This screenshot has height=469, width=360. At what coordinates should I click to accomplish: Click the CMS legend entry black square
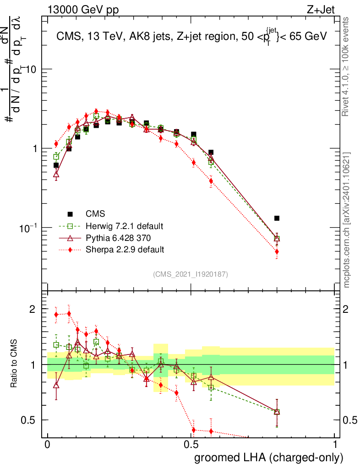(x=71, y=214)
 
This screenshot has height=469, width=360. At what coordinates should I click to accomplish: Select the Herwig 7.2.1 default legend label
(x=124, y=226)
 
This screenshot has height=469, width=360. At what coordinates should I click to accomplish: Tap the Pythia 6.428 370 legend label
(x=119, y=238)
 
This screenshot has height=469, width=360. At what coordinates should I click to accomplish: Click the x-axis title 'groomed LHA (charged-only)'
(x=269, y=458)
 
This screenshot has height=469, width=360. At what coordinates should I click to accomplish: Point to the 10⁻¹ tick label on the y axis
(x=27, y=228)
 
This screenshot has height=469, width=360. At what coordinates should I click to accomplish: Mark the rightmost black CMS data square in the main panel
(x=277, y=218)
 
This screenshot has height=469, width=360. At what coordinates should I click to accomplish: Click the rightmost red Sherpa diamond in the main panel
(x=277, y=251)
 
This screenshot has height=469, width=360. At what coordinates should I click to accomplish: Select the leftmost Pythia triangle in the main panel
(x=56, y=174)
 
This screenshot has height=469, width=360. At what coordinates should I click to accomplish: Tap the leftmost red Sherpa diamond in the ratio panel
(x=56, y=314)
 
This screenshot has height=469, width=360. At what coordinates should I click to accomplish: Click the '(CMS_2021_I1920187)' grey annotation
(x=191, y=274)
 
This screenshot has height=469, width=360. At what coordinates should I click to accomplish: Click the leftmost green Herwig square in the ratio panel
(x=56, y=345)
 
